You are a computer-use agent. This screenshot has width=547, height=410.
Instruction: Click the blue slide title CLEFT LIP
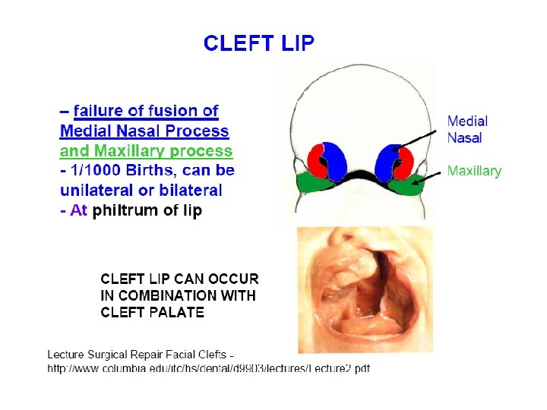[x=258, y=43]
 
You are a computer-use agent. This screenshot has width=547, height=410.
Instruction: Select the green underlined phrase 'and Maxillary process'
[x=146, y=150]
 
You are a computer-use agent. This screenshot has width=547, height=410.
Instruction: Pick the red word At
[x=78, y=210]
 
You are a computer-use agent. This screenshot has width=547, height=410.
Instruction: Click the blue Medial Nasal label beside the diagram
[x=466, y=129]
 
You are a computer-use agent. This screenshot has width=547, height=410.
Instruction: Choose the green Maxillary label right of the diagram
[x=474, y=171]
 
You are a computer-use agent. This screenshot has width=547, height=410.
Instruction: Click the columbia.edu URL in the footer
[x=208, y=368]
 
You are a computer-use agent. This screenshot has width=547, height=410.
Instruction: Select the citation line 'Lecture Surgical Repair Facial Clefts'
[x=140, y=355]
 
